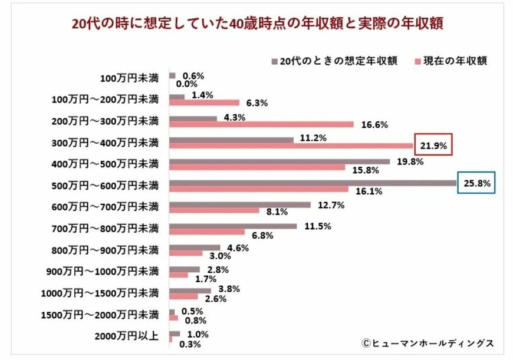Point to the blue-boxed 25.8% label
click(476, 183)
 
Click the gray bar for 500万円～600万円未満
click(313, 183)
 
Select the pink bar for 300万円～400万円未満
click(291, 145)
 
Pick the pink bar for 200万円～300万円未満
click(261, 124)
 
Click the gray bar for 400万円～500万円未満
click(279, 161)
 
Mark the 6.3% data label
click(257, 103)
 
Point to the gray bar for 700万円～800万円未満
click(233, 226)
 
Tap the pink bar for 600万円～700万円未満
click(214, 210)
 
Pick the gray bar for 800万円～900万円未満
click(195, 247)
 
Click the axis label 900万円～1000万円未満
click(102, 272)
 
